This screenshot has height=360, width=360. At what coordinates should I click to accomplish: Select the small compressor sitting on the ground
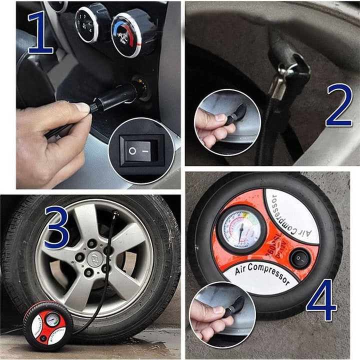pyautogui.click(x=48, y=325)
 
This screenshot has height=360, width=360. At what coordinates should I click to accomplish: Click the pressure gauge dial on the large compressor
pyautogui.click(x=241, y=229)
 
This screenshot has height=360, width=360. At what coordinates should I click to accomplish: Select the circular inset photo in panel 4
pyautogui.click(x=223, y=314)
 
